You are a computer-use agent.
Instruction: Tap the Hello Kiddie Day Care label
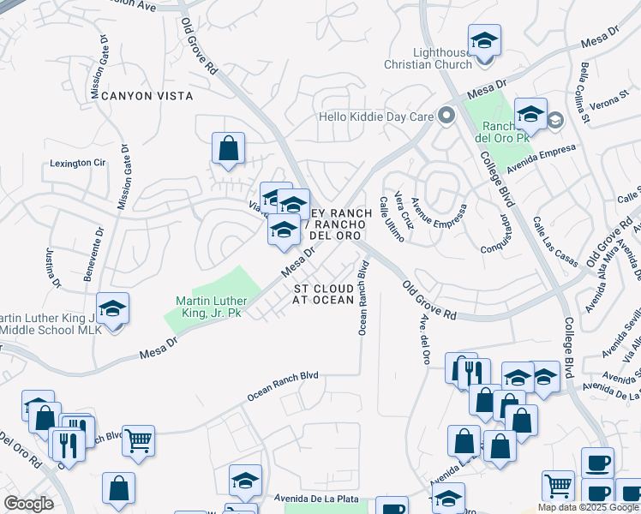coord(373,117)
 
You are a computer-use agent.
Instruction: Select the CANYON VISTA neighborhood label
coord(147,96)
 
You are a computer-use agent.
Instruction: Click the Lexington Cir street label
coord(77,162)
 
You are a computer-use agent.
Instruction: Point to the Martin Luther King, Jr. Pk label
coord(212,307)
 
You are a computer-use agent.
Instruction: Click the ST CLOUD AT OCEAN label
coord(324,295)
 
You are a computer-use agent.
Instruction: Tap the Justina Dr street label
coord(52,266)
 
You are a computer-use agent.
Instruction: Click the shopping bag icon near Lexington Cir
coord(229,148)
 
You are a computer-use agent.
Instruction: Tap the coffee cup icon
coord(597,462)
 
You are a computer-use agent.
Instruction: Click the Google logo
coord(28,504)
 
